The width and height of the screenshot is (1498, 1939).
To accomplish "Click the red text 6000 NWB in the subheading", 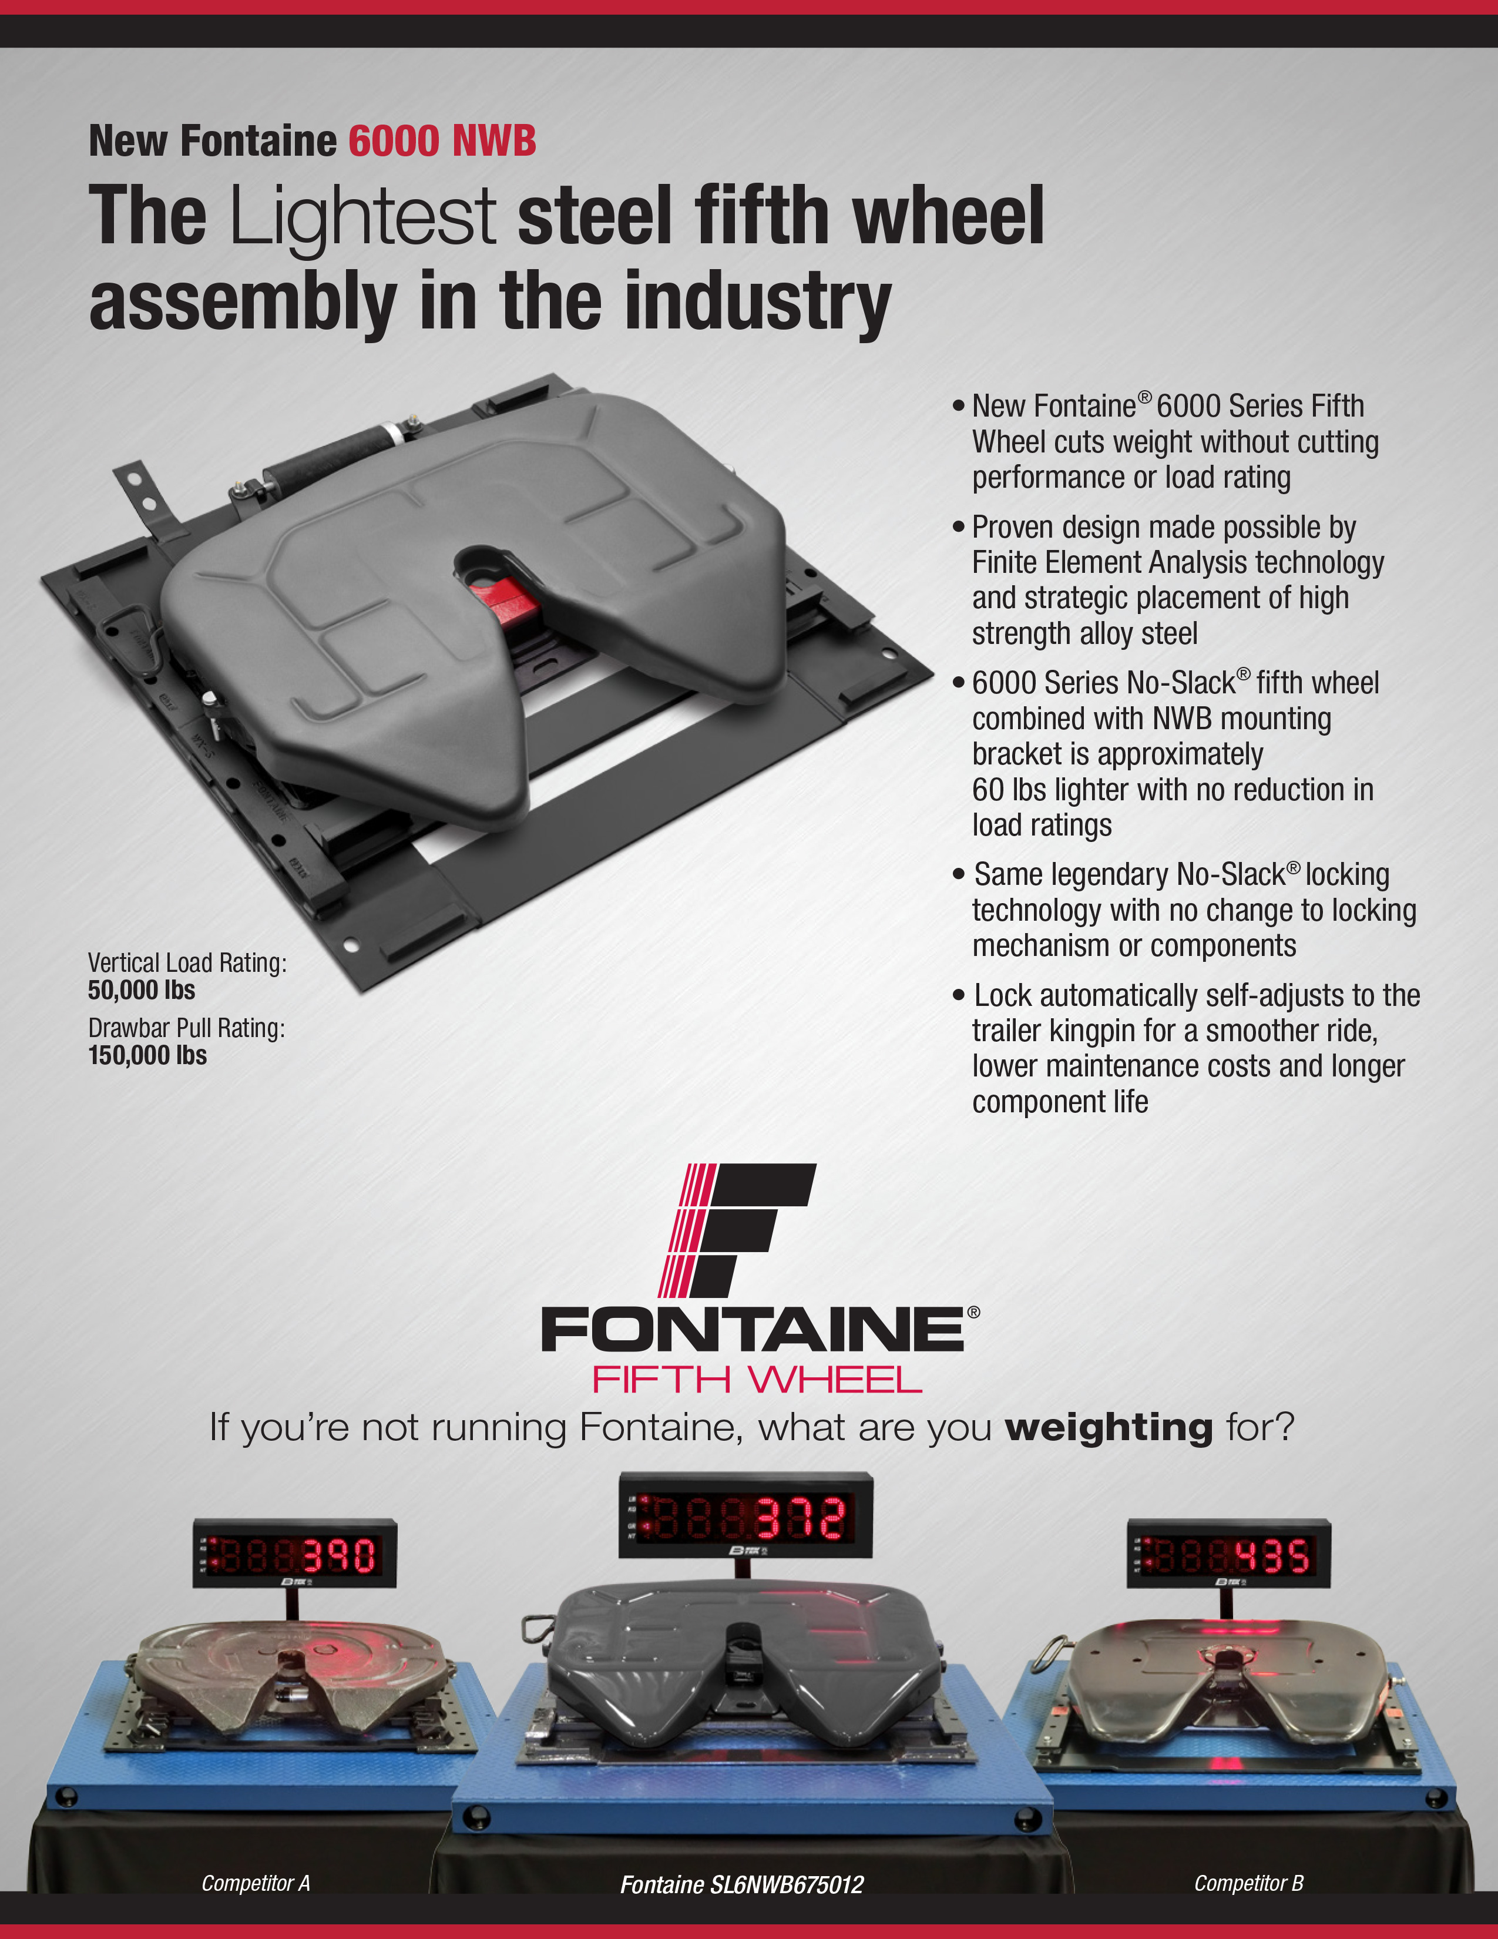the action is (442, 141).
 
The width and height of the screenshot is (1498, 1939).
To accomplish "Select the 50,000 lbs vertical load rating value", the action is (141, 990).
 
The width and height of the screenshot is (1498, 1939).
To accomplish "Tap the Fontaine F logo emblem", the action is (737, 1230).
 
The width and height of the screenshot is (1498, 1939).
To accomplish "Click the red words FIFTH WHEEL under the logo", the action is (757, 1380).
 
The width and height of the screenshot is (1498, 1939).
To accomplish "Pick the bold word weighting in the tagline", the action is (1109, 1428).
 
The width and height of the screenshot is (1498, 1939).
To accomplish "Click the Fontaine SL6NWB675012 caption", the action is (742, 1884).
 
